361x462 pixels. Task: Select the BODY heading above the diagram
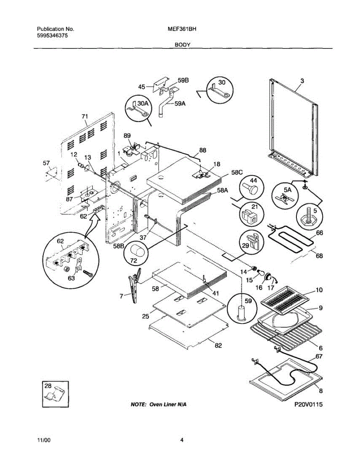pos(183,45)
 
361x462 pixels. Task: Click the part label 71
pos(85,116)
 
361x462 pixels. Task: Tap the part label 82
pos(218,346)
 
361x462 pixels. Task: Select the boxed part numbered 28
pos(55,394)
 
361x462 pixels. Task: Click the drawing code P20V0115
pos(308,404)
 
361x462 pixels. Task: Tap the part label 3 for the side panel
pos(302,81)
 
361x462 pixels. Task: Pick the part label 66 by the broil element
pos(319,233)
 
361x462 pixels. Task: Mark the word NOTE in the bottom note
pos(139,404)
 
